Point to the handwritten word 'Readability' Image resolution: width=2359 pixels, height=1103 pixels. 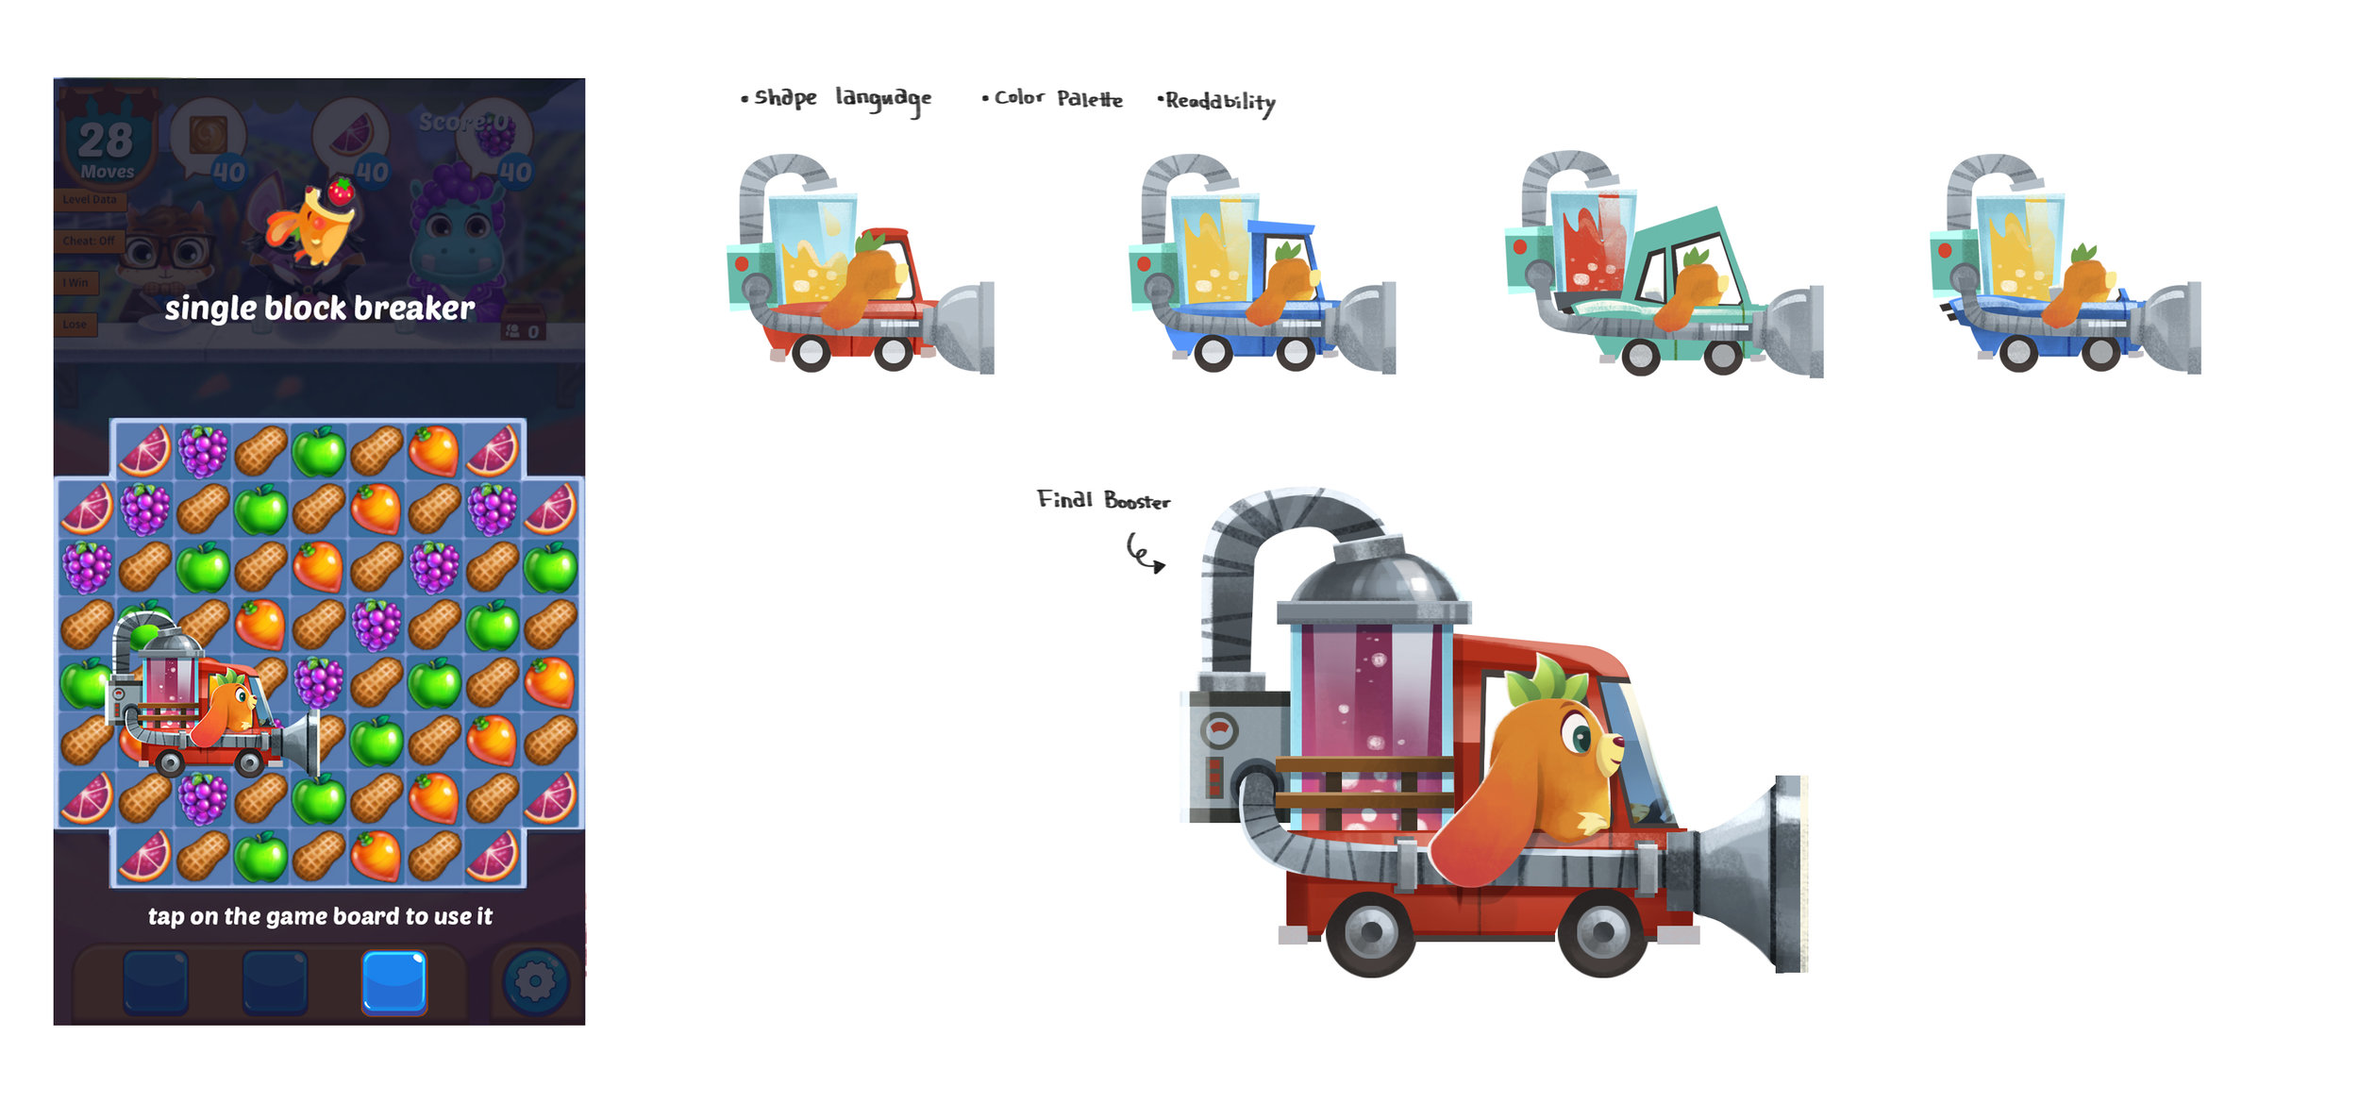point(1218,101)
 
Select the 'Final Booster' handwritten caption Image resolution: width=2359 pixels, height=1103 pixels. point(1103,500)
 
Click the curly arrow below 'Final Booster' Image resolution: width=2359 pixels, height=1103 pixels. point(1145,553)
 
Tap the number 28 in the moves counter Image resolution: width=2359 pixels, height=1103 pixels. point(106,142)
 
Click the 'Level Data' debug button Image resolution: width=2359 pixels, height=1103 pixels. point(90,199)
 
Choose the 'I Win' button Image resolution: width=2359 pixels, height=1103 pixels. point(75,282)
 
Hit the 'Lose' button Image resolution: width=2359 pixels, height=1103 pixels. point(75,324)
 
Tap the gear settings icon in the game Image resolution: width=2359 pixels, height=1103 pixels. point(535,982)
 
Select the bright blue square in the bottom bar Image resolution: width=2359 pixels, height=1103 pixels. point(394,982)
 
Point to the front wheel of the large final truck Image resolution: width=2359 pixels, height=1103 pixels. point(1601,933)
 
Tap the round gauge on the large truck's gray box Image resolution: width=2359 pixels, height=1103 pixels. point(1218,729)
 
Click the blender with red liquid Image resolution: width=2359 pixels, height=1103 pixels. point(1593,242)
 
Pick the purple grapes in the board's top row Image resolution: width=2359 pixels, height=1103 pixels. point(203,450)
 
